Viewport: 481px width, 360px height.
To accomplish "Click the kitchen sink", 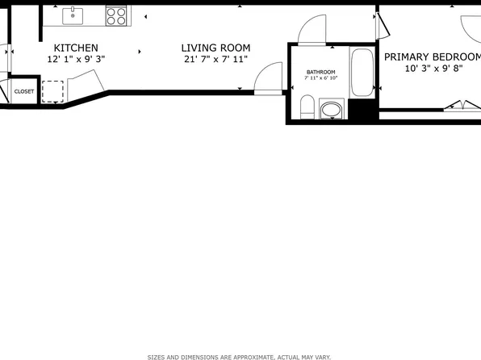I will pyautogui.click(x=72, y=15).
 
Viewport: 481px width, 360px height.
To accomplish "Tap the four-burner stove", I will pyautogui.click(x=116, y=15).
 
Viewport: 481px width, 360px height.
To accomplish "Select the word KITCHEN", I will pyautogui.click(x=76, y=48).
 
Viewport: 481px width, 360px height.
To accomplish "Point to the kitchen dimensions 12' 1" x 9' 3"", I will pyautogui.click(x=76, y=59).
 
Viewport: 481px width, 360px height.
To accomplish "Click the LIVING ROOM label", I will pyautogui.click(x=215, y=48).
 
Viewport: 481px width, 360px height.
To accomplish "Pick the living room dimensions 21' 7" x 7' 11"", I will pyautogui.click(x=215, y=59).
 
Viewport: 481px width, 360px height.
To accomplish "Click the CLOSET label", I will pyautogui.click(x=24, y=91).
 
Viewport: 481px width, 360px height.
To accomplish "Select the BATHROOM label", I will pyautogui.click(x=320, y=72).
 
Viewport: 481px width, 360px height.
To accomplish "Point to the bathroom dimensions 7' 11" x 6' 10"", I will pyautogui.click(x=320, y=78).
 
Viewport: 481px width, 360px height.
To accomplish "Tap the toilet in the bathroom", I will pyautogui.click(x=307, y=107).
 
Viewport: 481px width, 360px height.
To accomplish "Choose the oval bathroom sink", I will pyautogui.click(x=331, y=108).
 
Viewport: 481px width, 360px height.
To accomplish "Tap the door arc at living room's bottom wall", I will pyautogui.click(x=265, y=79).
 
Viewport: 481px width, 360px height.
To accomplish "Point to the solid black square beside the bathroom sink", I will pyautogui.click(x=361, y=111).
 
